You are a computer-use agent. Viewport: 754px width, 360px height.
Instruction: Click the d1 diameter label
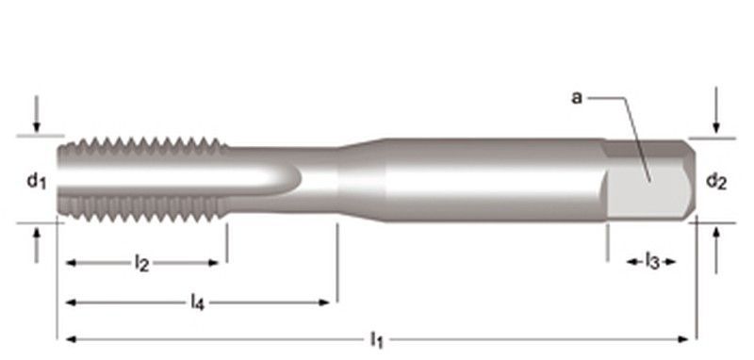[x=37, y=181]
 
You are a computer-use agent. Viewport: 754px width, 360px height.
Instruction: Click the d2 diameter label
[x=716, y=181]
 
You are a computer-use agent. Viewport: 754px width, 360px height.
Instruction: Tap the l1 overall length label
[x=377, y=340]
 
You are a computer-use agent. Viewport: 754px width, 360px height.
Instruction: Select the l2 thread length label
[x=141, y=263]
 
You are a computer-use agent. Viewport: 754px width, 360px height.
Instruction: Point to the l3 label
[x=652, y=261]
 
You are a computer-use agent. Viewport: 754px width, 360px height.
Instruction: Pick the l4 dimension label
[x=198, y=303]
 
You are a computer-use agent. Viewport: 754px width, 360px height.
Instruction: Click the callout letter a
[x=577, y=98]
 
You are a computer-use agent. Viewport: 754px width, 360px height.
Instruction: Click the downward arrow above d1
[x=37, y=114]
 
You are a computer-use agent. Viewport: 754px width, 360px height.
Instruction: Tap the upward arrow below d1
[x=37, y=245]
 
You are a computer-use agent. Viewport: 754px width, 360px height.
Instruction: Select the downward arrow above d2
[x=716, y=110]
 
